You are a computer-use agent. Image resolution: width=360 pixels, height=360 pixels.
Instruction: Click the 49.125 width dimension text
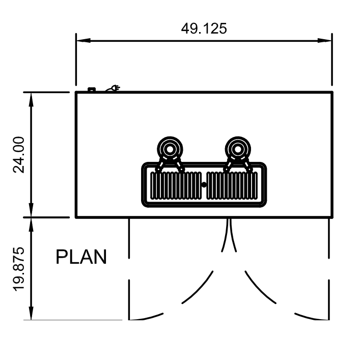(x=204, y=29)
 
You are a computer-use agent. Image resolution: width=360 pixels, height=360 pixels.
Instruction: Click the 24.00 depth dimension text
(x=19, y=155)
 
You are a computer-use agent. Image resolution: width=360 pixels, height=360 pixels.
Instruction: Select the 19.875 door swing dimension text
(x=19, y=268)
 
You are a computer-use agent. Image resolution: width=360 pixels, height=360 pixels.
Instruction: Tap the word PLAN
(x=81, y=257)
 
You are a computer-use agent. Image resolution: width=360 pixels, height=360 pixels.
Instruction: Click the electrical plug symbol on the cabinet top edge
(x=114, y=89)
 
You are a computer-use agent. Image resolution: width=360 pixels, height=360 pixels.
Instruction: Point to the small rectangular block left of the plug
(x=92, y=90)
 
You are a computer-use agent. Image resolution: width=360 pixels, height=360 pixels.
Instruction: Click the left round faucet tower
(x=170, y=149)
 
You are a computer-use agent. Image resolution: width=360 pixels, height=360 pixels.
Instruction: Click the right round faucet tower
(x=237, y=149)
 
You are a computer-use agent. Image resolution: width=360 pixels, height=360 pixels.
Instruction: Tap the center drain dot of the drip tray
(x=204, y=185)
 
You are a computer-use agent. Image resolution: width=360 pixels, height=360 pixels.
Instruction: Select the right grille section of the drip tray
(x=232, y=185)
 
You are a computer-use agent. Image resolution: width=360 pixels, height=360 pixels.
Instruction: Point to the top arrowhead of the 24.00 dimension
(x=32, y=97)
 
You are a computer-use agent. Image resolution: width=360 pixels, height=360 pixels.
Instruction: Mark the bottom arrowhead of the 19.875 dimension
(x=32, y=315)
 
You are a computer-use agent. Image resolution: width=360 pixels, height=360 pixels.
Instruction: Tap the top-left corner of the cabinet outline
(x=76, y=93)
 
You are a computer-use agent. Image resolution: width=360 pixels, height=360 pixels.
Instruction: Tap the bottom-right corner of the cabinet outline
(x=332, y=217)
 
